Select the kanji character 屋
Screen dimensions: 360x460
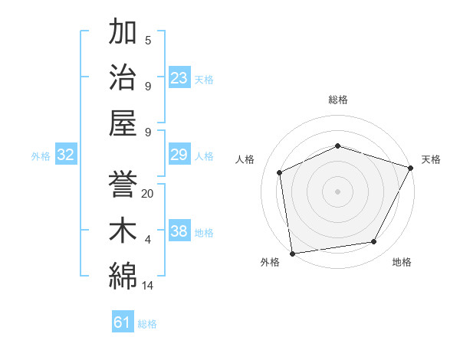click(x=123, y=121)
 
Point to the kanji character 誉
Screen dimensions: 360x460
click(x=123, y=184)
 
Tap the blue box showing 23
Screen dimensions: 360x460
click(x=179, y=77)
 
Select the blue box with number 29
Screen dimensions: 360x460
click(x=179, y=155)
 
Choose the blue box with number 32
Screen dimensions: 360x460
click(x=66, y=155)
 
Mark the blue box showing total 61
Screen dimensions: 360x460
click(x=123, y=323)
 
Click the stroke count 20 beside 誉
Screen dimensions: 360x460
click(x=148, y=194)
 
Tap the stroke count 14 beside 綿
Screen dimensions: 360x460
click(x=148, y=286)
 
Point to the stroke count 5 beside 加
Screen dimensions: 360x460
click(x=148, y=41)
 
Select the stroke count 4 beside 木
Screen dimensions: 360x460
click(x=148, y=240)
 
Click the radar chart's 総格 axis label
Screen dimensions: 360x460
click(x=338, y=100)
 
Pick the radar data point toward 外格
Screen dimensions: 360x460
click(x=292, y=253)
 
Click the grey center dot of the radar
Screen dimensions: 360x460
click(x=337, y=191)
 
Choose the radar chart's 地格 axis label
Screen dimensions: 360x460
click(x=402, y=263)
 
